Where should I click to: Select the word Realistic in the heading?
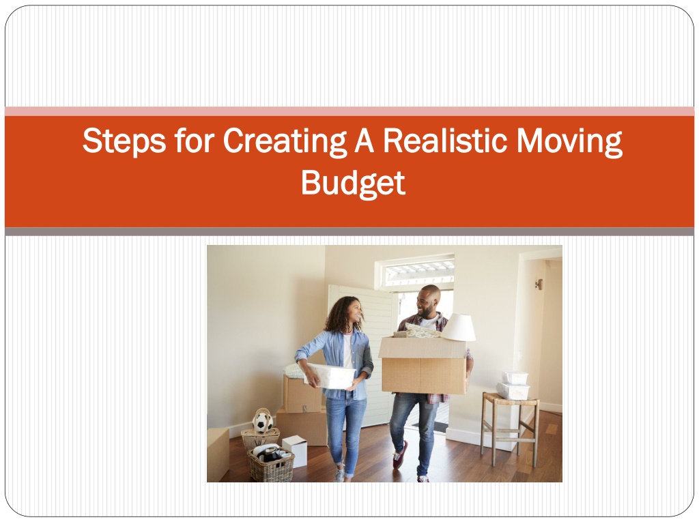(x=444, y=141)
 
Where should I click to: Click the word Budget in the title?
(x=353, y=183)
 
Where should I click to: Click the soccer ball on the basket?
(x=263, y=422)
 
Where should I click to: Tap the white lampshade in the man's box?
(x=458, y=327)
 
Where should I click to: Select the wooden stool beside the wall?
(x=509, y=428)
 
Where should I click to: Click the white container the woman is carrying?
(x=330, y=376)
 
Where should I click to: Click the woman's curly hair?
(x=342, y=315)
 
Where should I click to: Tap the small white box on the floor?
(x=295, y=450)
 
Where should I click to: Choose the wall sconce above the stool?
(x=539, y=284)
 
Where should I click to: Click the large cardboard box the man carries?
(x=423, y=366)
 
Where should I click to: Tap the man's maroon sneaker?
(x=399, y=455)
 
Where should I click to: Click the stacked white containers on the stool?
(x=513, y=385)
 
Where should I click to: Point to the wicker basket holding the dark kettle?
(x=270, y=464)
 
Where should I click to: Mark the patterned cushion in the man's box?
(x=420, y=331)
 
